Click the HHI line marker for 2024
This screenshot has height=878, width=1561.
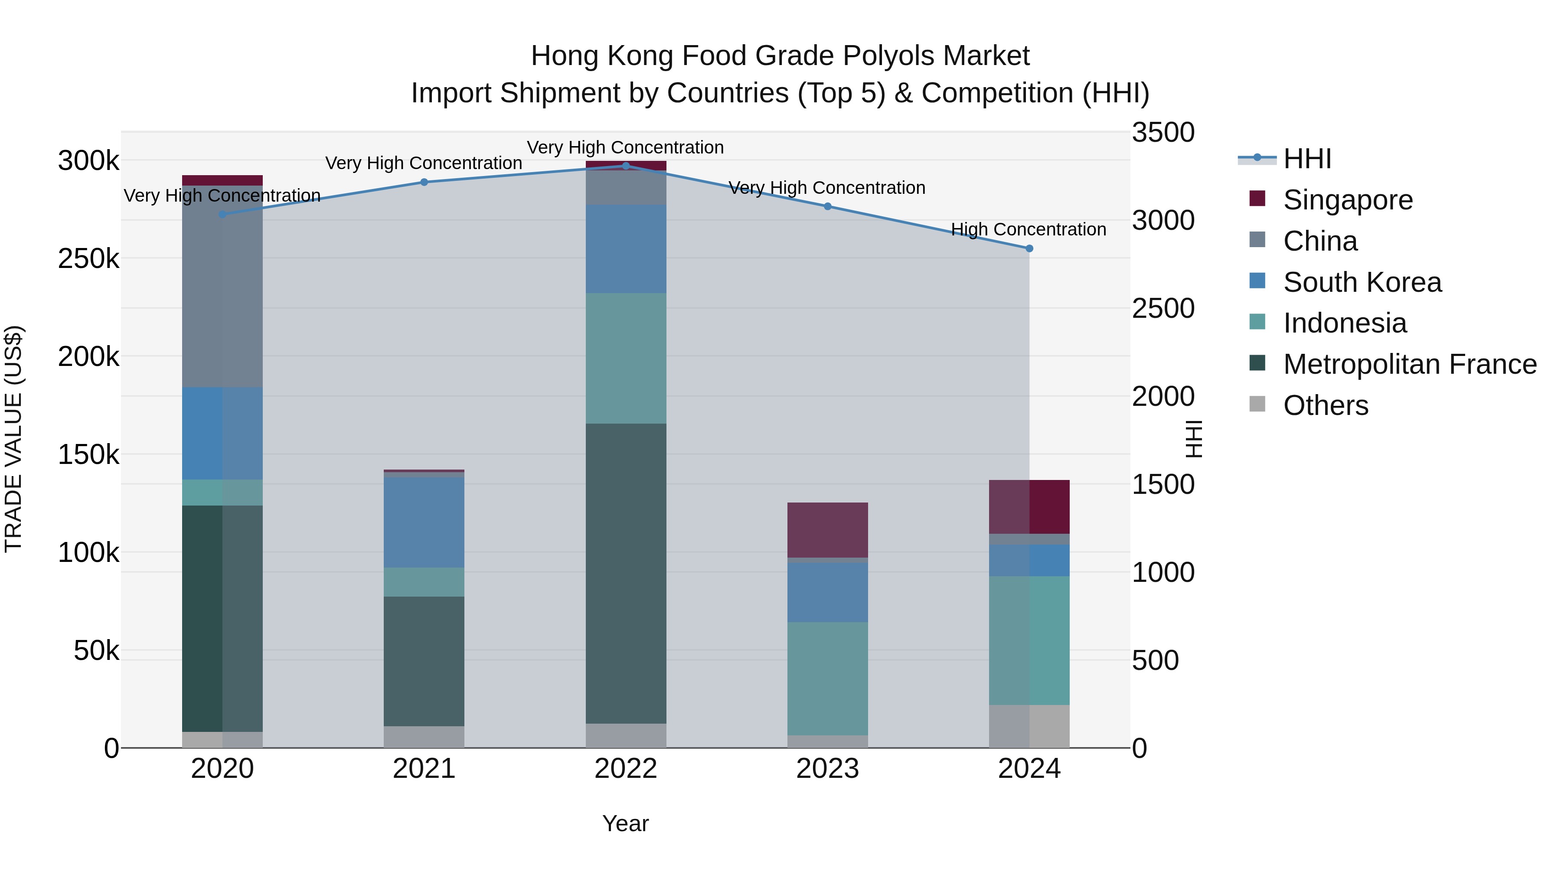(1029, 248)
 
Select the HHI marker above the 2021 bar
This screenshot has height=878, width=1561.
(424, 183)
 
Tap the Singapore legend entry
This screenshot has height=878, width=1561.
(1347, 200)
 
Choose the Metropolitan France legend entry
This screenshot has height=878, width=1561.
(1410, 365)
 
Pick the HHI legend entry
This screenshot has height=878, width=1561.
(1307, 159)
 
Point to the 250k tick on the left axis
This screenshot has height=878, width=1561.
(88, 259)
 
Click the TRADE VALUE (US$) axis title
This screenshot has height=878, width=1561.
(13, 439)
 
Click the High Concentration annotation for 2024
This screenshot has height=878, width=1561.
(1029, 230)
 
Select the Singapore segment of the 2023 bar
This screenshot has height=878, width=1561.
(827, 529)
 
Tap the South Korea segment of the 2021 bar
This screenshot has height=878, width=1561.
(424, 522)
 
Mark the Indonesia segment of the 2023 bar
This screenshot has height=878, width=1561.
(827, 678)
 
